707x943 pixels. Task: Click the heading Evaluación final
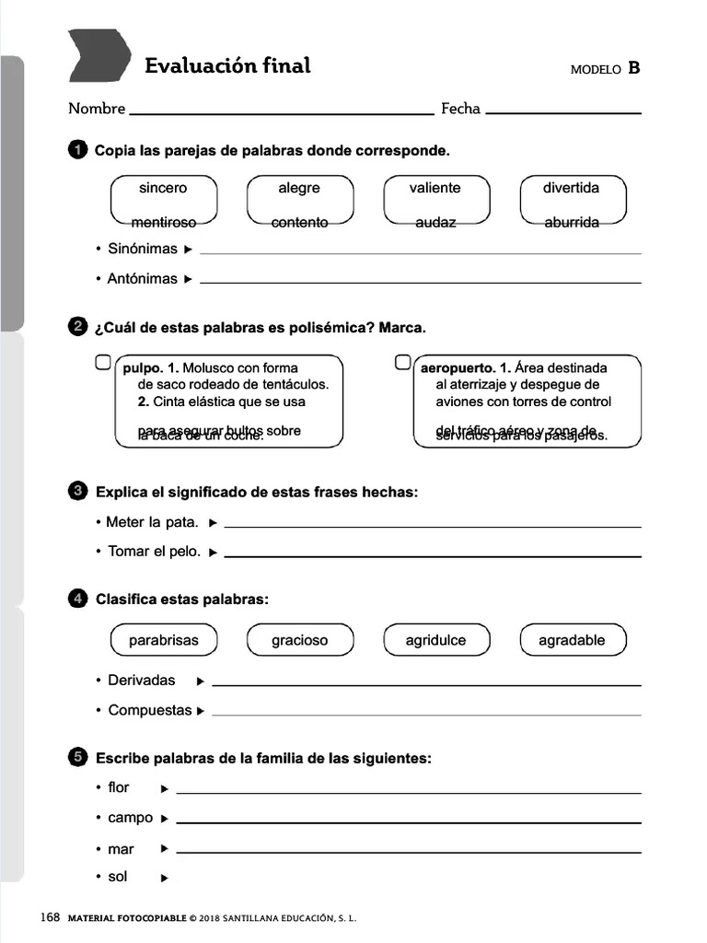pos(227,65)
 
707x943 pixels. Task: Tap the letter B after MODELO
pos(633,68)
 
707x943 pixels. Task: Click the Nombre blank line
pos(282,112)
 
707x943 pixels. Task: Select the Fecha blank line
pos(562,111)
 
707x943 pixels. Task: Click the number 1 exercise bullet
pos(78,150)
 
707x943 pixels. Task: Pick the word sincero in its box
pos(163,188)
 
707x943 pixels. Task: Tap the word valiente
pos(435,188)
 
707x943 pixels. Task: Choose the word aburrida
pos(572,222)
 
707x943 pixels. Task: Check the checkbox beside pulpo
pos(103,362)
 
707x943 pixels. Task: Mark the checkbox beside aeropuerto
pos(402,362)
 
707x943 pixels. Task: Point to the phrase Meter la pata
pos(151,522)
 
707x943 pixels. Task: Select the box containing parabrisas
pos(163,640)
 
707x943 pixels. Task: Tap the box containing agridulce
pos(435,640)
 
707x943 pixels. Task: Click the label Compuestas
pos(150,710)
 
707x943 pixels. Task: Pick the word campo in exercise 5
pos(131,818)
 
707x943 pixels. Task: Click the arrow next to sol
pos(165,879)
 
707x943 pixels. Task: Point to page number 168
pos(50,918)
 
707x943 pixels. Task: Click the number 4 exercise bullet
pos(78,600)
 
